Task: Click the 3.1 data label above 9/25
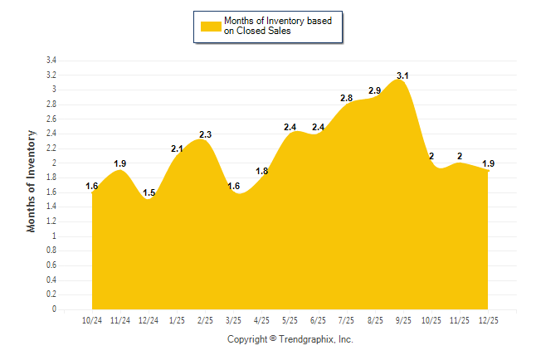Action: (403, 75)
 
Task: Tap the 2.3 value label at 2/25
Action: (206, 134)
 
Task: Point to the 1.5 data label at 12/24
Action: (149, 193)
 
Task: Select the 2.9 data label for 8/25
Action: (375, 90)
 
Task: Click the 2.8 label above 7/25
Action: (347, 98)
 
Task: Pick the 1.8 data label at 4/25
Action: (262, 171)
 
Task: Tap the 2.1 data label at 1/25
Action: (178, 149)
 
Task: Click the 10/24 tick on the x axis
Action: (92, 320)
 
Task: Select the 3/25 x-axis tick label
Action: (234, 320)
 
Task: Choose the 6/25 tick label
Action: (319, 320)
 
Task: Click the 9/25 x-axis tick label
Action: (403, 320)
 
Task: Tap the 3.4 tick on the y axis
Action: (51, 61)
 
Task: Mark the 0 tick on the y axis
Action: (54, 309)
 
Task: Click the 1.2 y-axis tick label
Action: (51, 221)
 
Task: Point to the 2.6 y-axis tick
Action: (51, 119)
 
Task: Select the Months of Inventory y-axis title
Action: (32, 180)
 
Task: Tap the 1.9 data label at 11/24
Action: (120, 164)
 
